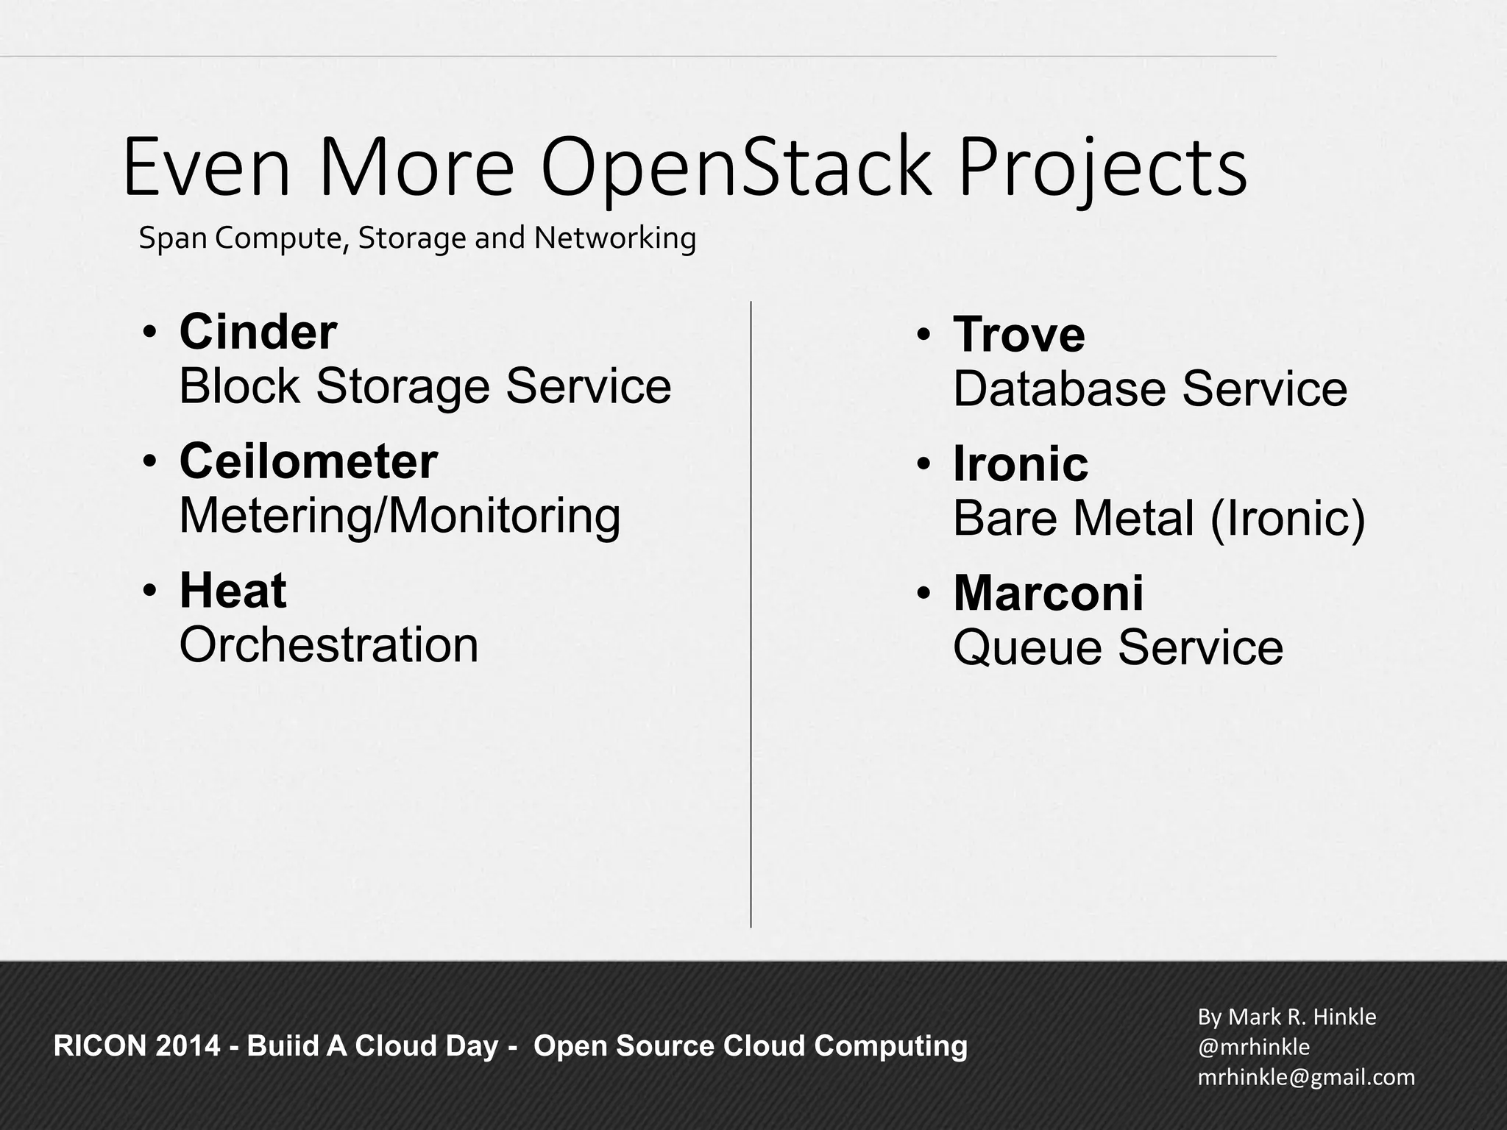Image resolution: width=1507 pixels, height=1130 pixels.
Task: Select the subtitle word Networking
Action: click(615, 238)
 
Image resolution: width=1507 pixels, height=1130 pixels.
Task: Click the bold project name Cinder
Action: click(258, 332)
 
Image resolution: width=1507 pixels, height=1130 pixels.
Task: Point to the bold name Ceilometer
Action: click(308, 461)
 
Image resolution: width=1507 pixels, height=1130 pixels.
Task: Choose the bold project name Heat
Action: click(233, 591)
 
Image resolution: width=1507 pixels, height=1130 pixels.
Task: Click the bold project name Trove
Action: click(1019, 335)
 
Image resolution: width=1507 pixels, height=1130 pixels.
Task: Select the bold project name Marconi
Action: click(1049, 593)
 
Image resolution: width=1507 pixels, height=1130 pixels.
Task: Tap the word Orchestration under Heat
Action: click(329, 645)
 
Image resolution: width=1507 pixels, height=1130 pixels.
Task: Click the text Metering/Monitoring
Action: click(400, 516)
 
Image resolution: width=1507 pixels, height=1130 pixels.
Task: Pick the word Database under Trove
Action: click(1059, 388)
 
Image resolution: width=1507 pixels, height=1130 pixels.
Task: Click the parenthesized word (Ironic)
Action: click(1287, 518)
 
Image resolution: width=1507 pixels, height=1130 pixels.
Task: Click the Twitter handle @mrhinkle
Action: click(1253, 1047)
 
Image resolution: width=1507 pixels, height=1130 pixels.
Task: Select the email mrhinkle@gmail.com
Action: click(1306, 1077)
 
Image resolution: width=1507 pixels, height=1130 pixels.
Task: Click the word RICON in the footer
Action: click(100, 1046)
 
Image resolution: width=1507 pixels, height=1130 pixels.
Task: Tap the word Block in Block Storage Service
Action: click(239, 386)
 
